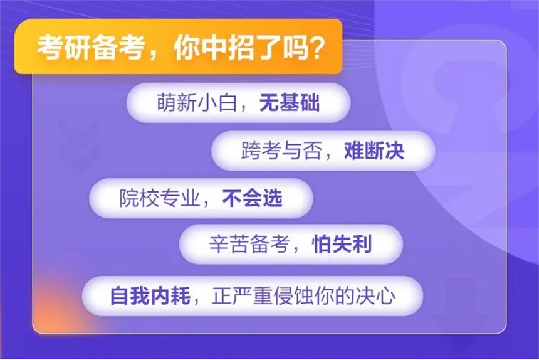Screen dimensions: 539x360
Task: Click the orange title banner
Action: click(178, 46)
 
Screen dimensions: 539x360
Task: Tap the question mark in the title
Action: click(315, 47)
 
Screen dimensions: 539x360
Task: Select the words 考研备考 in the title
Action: click(90, 47)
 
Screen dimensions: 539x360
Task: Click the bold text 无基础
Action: click(290, 102)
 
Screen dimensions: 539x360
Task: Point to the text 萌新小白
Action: click(197, 102)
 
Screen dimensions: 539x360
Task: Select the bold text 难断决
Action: click(374, 151)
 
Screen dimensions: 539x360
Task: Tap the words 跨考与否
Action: click(281, 151)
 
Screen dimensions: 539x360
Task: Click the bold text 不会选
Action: click(253, 198)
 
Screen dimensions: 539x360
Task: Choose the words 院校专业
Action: click(159, 198)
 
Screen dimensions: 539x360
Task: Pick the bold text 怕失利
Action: click(342, 244)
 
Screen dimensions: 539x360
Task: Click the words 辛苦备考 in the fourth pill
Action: click(249, 244)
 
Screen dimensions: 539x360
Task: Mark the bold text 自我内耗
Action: click(150, 295)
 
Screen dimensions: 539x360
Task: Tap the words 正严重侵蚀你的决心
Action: click(304, 295)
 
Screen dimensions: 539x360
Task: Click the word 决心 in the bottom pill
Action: click(375, 295)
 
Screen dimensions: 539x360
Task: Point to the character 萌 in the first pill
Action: click(167, 102)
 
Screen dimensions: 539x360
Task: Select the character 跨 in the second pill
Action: click(251, 151)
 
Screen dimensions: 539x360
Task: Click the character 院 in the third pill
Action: click(129, 198)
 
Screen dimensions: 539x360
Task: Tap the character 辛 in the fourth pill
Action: click(219, 244)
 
